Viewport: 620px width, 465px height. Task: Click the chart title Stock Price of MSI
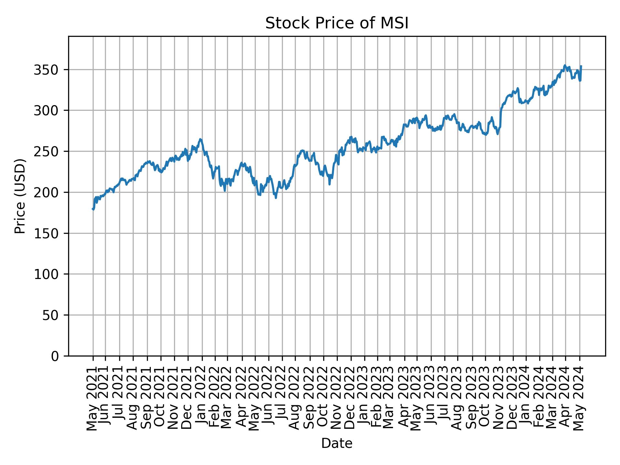pos(337,24)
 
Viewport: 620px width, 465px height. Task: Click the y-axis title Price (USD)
pos(20,196)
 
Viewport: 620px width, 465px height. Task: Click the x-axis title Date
pos(337,443)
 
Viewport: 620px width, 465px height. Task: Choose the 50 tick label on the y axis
pos(50,315)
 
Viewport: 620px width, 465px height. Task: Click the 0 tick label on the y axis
pos(55,356)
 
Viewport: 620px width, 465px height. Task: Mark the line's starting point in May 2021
pos(93,209)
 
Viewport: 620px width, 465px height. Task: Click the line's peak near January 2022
pos(201,139)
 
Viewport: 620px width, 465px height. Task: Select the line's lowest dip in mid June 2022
pos(276,198)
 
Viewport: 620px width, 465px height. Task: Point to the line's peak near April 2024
pos(565,65)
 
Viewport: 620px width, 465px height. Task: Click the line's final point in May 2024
pos(581,66)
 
